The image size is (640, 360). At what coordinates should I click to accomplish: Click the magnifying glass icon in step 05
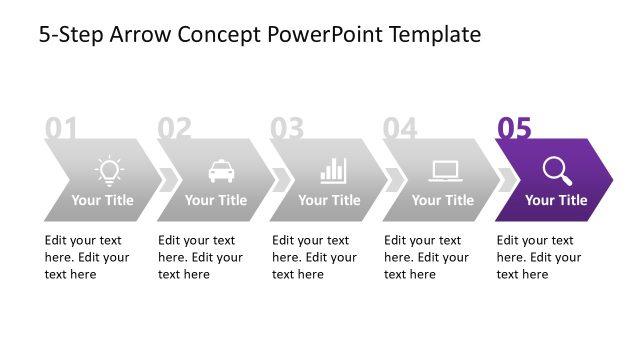coord(557,171)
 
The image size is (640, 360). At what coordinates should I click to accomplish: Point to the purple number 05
coord(514,129)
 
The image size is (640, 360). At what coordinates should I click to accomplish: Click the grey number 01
coord(61,129)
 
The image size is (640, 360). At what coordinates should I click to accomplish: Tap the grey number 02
coord(174,129)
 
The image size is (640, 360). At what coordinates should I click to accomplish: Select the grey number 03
coord(287,129)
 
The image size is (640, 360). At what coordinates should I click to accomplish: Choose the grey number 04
coord(400,129)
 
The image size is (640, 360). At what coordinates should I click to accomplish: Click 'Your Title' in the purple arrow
coord(556,200)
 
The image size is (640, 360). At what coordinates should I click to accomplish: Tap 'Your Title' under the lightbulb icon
coord(102,200)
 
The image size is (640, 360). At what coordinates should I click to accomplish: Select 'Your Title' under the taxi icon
coord(216,200)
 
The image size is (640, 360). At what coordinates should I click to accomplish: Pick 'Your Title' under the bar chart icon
coord(329,200)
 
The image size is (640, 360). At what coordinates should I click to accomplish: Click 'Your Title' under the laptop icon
coord(443,200)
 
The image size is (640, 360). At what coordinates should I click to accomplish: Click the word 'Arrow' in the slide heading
coord(139,35)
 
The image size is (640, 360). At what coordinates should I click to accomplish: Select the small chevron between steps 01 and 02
coord(169,179)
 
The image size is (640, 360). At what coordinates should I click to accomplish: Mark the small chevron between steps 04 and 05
coord(508,179)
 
